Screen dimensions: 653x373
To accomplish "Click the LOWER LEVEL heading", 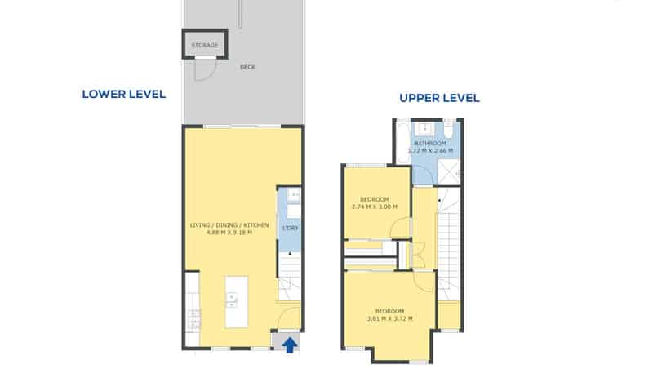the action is [124, 94].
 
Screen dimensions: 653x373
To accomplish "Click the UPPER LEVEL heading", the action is [439, 98].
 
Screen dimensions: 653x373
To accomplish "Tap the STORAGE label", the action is [205, 45].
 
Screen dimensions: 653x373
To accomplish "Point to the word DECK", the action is [247, 67].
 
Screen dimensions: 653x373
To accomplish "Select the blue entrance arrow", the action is [290, 344].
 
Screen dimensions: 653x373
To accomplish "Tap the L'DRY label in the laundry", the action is [291, 229].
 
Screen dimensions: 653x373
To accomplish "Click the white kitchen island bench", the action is [237, 301].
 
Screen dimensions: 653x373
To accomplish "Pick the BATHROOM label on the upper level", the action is [430, 143].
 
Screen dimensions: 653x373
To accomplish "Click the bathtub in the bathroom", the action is [402, 141].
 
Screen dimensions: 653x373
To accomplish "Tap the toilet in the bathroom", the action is [448, 129].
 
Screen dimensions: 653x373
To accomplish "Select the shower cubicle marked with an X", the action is [449, 171].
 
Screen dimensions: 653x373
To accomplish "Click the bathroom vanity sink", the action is [424, 129].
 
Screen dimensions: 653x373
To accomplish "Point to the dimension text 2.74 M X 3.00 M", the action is [375, 206].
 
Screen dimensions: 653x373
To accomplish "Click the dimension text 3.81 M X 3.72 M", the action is [390, 319].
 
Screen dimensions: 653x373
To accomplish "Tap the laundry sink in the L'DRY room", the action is [294, 195].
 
